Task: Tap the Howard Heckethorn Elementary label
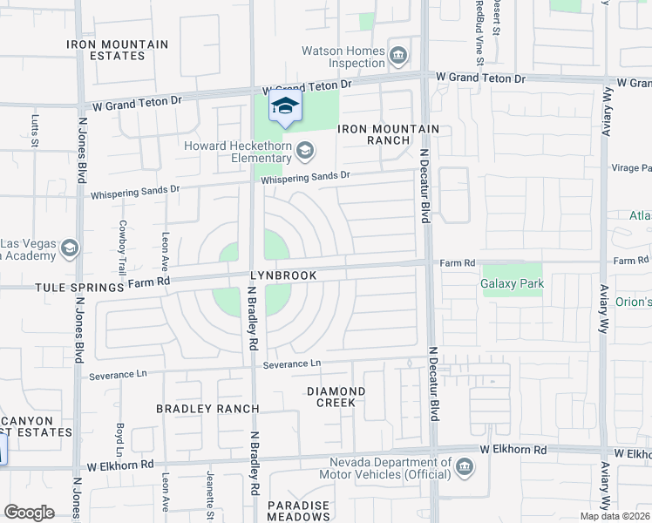(237, 152)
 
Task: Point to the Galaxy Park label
(512, 283)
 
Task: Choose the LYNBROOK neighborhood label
(283, 275)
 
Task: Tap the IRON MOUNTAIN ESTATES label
(118, 50)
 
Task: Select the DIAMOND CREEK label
(336, 397)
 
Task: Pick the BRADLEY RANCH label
(207, 409)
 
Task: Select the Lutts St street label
(36, 129)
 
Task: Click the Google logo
(30, 513)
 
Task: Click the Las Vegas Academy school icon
(69, 250)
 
